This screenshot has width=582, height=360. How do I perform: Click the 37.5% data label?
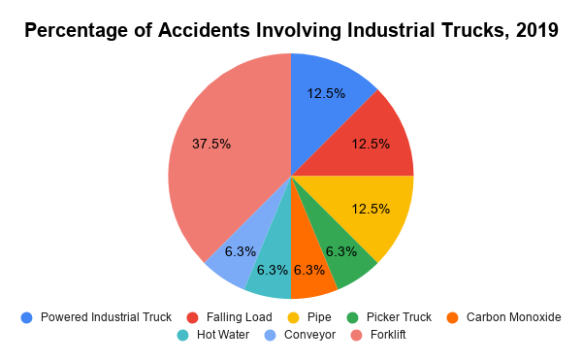point(210,144)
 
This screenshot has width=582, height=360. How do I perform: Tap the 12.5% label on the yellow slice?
point(371,209)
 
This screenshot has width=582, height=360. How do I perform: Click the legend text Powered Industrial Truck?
point(106,316)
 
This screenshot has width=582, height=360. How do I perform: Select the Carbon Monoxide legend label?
point(513,316)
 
